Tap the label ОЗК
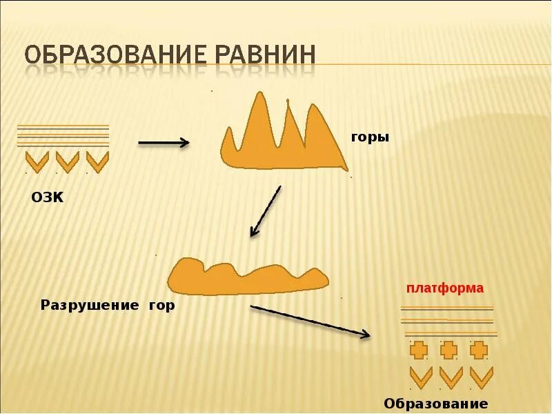[47, 199]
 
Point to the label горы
[370, 137]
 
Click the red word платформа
[444, 288]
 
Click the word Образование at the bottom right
[435, 404]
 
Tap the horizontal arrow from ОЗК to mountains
[164, 143]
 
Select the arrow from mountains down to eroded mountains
[266, 211]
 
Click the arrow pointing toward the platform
[310, 322]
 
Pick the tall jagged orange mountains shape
[279, 138]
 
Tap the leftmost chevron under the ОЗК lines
[37, 162]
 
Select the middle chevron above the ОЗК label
[67, 162]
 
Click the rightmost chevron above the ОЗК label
[97, 162]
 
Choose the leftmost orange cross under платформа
[418, 351]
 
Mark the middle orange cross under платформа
[449, 351]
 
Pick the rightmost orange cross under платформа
[479, 351]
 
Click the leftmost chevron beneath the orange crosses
[420, 377]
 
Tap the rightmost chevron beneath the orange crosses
[481, 377]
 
